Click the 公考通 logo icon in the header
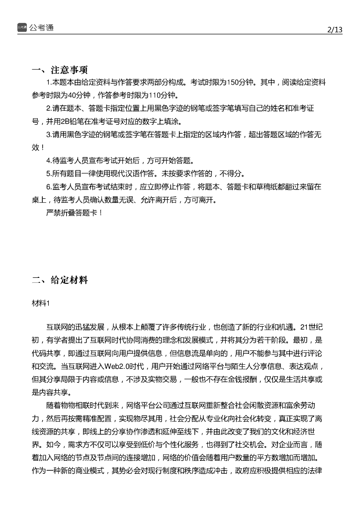tap(22, 27)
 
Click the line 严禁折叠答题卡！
tap(75, 213)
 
